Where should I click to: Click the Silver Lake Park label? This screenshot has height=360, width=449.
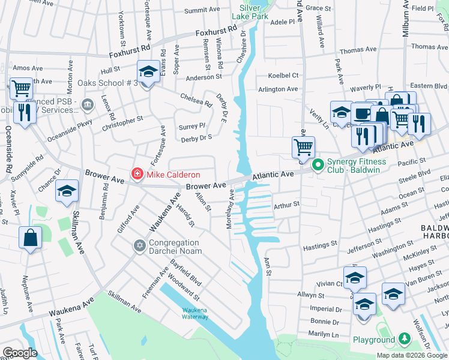pyautogui.click(x=254, y=12)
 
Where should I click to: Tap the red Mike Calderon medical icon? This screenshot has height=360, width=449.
pyautogui.click(x=137, y=175)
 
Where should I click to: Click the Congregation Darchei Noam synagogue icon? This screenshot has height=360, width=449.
pyautogui.click(x=139, y=247)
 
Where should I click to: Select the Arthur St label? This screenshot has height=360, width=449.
pyautogui.click(x=286, y=205)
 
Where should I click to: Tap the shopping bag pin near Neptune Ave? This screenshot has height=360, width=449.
pyautogui.click(x=30, y=238)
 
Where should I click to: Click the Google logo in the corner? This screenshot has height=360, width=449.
pyautogui.click(x=20, y=353)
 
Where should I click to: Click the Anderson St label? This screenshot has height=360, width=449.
pyautogui.click(x=203, y=77)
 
